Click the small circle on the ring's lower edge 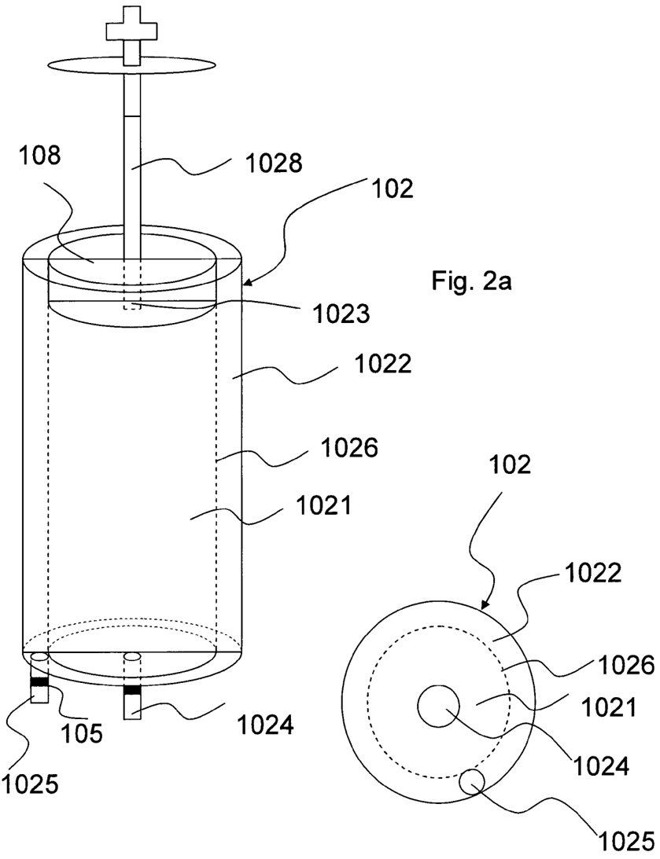click(471, 781)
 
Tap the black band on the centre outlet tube click(132, 690)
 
